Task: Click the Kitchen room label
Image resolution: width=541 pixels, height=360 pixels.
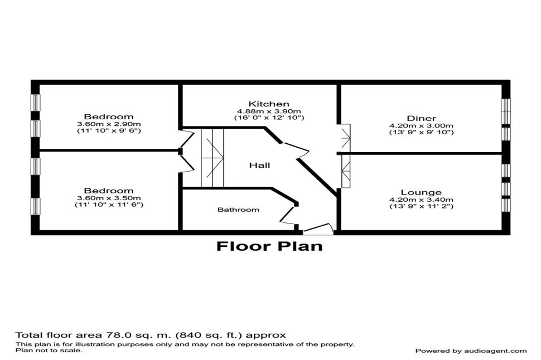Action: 269,104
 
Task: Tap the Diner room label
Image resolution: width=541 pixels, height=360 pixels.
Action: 421,119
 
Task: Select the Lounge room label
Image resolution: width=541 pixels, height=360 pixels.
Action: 421,192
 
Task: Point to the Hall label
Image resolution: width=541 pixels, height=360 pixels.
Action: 260,165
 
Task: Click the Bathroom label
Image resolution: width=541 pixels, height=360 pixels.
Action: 238,210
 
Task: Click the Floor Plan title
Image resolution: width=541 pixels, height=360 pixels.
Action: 269,246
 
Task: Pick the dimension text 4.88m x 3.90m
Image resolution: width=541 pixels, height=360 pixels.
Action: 269,111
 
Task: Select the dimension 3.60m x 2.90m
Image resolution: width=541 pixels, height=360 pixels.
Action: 109,124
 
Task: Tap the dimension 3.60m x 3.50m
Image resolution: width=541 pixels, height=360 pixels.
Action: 109,198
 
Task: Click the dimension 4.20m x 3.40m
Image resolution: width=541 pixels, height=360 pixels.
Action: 421,200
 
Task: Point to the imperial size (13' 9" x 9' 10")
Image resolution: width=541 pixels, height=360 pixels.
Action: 421,133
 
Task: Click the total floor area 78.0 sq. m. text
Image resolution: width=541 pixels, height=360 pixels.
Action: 151,335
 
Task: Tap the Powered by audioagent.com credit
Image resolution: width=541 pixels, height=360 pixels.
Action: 471,351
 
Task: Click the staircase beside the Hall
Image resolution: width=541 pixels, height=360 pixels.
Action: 212,158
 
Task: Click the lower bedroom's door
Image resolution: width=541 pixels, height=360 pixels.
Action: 188,162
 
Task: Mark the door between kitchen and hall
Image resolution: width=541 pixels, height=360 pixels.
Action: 295,151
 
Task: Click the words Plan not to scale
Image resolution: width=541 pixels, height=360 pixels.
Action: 49,351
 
